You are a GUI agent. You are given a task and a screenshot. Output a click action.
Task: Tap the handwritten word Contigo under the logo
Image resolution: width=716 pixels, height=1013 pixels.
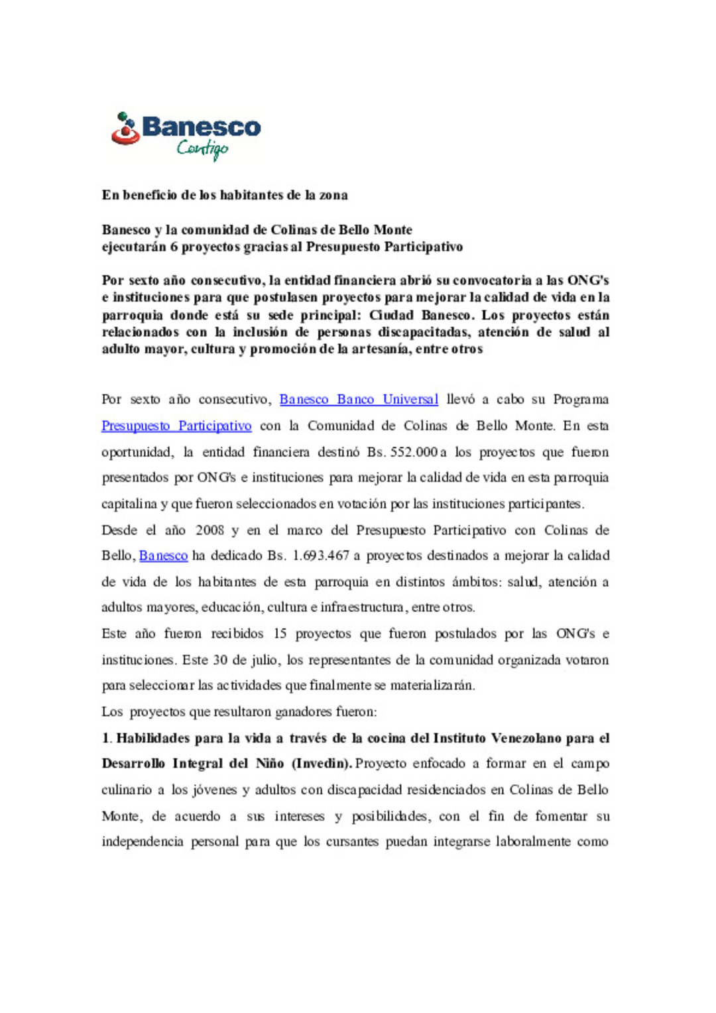202,149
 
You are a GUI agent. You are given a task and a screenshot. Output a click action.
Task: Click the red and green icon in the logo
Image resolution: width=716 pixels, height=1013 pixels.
125,129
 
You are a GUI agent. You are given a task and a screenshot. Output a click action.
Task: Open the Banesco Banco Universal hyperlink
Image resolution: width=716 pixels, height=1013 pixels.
359,400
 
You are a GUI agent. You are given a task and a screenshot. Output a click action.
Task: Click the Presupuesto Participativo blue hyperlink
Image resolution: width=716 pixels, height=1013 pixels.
176,426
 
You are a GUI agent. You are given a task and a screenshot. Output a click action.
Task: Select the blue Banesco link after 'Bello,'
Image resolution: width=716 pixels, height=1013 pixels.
163,556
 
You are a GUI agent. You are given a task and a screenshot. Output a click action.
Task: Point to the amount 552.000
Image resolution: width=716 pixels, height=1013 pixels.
414,452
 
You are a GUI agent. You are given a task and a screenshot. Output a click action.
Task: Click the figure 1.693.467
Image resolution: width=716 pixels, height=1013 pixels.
321,556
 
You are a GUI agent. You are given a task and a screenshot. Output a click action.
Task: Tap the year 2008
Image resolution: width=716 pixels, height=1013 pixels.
209,530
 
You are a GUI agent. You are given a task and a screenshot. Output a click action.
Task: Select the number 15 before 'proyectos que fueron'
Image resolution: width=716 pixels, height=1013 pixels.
280,634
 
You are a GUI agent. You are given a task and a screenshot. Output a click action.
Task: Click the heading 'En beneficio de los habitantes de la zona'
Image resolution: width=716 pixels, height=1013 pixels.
225,195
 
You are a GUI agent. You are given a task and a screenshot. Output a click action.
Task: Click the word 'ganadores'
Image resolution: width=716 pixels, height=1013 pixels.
303,712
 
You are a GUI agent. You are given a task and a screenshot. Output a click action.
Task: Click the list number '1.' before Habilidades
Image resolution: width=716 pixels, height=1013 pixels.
107,739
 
